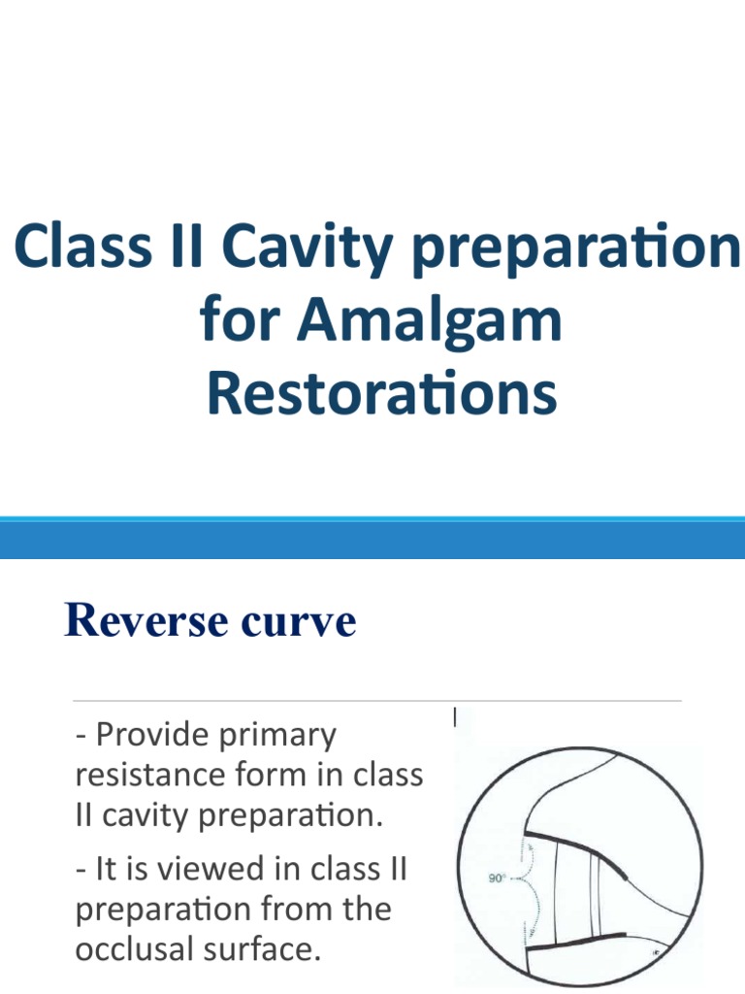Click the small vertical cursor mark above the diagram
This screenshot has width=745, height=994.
455,717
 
